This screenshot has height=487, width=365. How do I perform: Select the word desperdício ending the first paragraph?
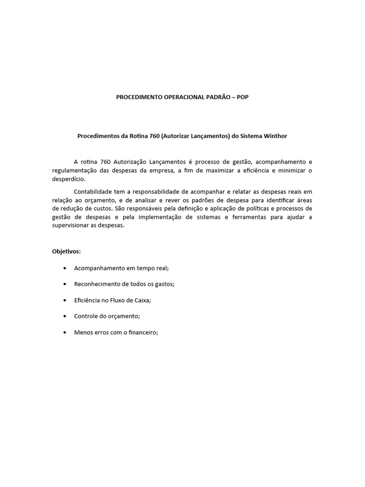tap(69, 179)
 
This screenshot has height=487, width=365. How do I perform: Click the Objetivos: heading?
tap(67, 251)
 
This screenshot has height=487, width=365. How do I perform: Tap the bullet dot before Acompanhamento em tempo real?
tap(65, 268)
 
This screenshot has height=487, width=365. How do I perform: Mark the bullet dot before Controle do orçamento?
tap(65, 316)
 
